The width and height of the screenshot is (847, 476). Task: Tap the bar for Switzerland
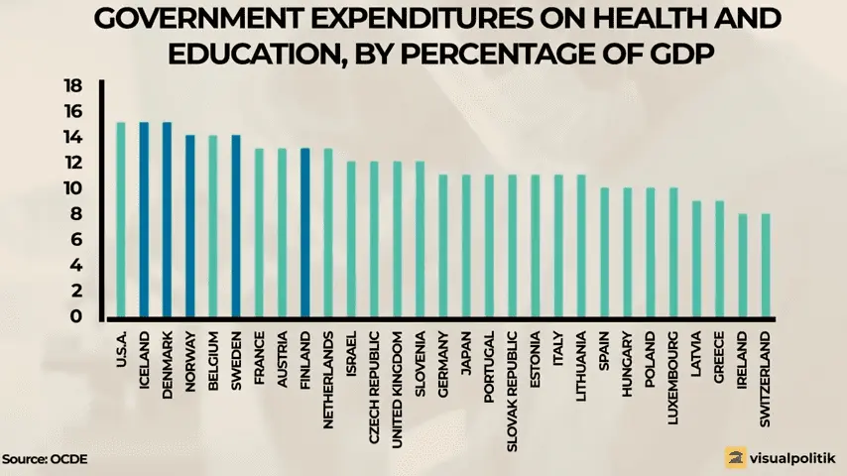766,267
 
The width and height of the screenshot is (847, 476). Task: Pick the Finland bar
305,234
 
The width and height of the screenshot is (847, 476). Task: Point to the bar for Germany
443,247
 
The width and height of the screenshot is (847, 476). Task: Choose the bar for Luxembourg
673,254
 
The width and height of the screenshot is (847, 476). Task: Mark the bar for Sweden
236,227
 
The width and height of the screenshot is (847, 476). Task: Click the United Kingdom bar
397,240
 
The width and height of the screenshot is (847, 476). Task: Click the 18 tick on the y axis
72,85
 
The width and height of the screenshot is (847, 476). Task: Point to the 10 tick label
72,188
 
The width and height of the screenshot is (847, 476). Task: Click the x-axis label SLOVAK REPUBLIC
513,388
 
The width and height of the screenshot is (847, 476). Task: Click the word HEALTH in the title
646,20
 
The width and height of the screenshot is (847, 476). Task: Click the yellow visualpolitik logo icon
735,457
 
